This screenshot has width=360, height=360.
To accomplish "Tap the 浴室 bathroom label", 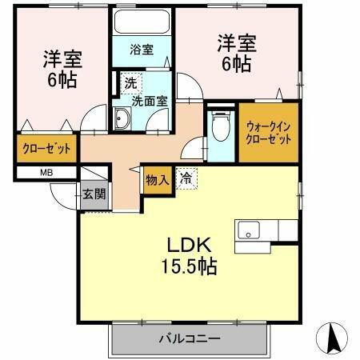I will coord(143,50).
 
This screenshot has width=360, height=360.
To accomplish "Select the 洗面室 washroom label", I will coord(148,101).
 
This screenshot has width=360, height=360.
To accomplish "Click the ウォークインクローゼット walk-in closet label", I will coord(269,132).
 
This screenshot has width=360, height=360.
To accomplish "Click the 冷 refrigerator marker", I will coord(186,179).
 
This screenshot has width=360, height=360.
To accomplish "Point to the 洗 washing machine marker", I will coord(129,83).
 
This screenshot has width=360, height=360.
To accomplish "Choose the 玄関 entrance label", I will coord(92,193).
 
